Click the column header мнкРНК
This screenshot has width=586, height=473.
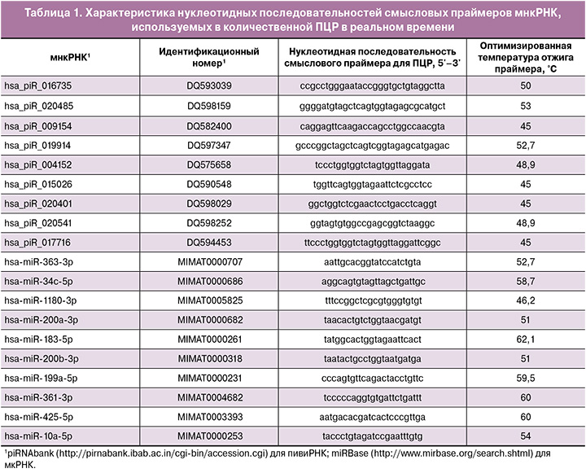tap(52, 55)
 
